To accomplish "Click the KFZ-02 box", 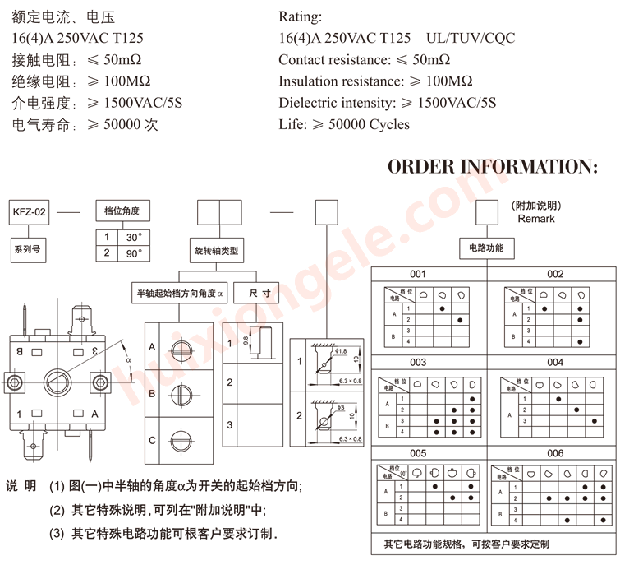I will pyautogui.click(x=29, y=212).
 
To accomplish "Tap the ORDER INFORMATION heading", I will pyautogui.click(x=492, y=167).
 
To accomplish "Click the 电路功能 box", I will pyautogui.click(x=486, y=248).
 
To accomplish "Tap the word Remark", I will pyautogui.click(x=536, y=219).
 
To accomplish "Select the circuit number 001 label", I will pyautogui.click(x=419, y=275).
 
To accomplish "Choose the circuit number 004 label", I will pyautogui.click(x=556, y=362).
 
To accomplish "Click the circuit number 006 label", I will pyautogui.click(x=556, y=453).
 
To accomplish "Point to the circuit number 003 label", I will pyautogui.click(x=419, y=362).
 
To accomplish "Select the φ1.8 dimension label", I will pyautogui.click(x=342, y=351).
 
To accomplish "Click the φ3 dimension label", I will pyautogui.click(x=340, y=405).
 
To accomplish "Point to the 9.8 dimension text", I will pyautogui.click(x=246, y=340).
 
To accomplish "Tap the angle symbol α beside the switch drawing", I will pyautogui.click(x=127, y=359).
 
